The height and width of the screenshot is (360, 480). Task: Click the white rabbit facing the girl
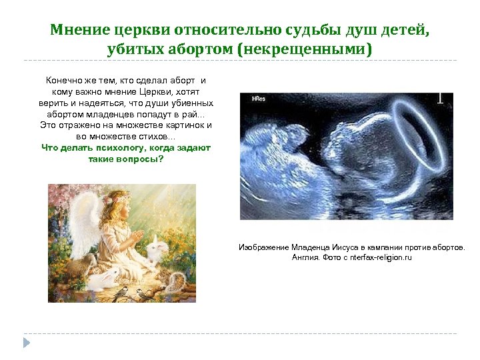click(159, 250)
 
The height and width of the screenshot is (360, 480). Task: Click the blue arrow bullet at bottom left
click(27, 342)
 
